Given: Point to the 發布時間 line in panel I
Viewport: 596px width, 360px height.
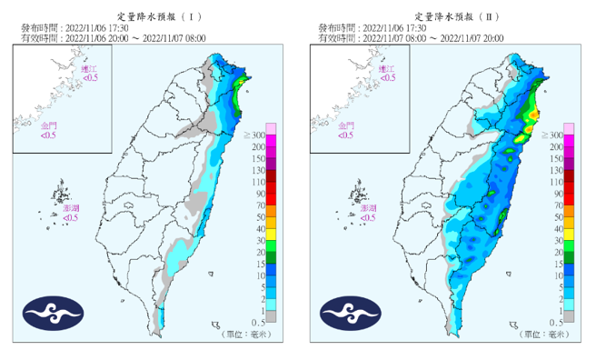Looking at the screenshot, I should click(69, 28).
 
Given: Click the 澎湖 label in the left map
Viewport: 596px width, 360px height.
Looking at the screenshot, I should click(73, 208).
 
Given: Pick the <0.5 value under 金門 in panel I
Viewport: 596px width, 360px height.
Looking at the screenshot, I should click(50, 136).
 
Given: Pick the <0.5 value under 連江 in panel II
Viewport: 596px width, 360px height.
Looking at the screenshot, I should click(387, 78).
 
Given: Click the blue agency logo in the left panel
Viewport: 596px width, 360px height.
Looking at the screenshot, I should click(55, 313).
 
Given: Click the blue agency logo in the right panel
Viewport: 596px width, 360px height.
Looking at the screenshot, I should click(352, 313).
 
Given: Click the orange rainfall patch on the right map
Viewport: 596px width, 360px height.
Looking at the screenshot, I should click(535, 115).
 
